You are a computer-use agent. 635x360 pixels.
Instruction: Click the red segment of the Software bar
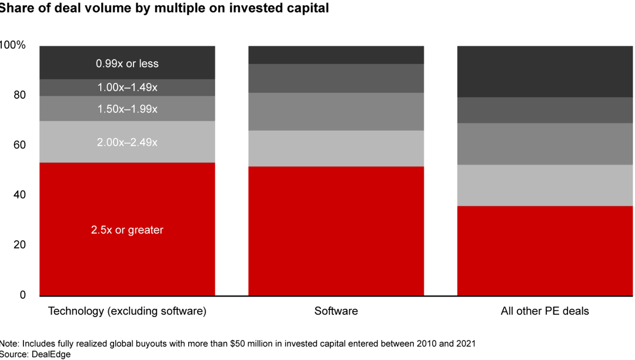(336, 230)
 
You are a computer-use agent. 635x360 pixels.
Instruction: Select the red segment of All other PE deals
(544, 250)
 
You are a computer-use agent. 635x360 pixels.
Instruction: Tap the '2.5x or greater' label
(127, 230)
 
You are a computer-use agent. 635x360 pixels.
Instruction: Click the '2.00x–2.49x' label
(127, 142)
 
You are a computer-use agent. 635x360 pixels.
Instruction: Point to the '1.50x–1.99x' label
(127, 109)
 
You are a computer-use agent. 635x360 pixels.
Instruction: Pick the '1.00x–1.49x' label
(127, 88)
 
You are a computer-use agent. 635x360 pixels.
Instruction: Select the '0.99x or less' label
(127, 63)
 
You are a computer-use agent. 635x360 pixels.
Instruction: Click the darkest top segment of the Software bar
(336, 55)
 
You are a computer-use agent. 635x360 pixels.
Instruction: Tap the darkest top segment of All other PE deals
(544, 71)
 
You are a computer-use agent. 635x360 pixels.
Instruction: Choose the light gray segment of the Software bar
(336, 148)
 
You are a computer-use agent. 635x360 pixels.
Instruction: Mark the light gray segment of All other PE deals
(544, 185)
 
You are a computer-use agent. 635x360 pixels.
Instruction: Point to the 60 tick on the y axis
(20, 145)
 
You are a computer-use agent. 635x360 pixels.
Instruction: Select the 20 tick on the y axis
(20, 245)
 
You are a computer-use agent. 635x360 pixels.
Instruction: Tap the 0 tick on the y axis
(23, 295)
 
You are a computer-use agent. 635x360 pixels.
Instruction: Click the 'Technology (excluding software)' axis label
(127, 311)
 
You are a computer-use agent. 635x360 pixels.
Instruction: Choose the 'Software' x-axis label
(336, 311)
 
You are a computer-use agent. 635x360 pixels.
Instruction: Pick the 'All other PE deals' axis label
(544, 311)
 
